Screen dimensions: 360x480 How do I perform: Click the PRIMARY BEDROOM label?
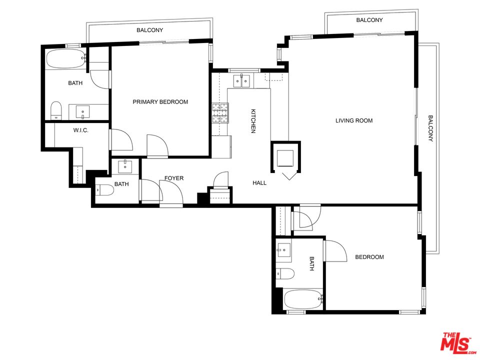160,102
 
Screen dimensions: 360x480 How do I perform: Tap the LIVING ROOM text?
353,120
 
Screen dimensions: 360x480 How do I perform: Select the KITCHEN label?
253,121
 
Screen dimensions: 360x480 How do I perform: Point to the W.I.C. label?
80,130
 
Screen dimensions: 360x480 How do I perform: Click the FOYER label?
174,178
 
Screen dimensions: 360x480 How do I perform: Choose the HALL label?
259,183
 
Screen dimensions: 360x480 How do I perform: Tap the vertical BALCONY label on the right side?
430,129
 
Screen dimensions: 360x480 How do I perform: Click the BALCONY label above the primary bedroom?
150,30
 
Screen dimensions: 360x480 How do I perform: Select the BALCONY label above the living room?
369,20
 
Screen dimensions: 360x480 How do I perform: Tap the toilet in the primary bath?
56,110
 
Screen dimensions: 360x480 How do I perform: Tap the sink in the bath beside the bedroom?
284,250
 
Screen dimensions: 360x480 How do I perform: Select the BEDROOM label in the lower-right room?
369,257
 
